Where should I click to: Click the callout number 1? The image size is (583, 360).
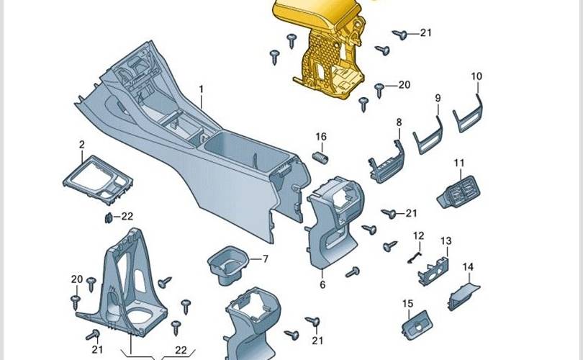pyautogui.click(x=201, y=89)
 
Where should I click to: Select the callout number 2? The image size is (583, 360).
pyautogui.click(x=82, y=144)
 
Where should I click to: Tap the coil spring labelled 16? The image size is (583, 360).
pyautogui.click(x=320, y=158)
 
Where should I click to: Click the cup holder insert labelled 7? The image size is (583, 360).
pyautogui.click(x=228, y=264)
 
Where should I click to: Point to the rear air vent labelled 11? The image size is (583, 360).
pyautogui.click(x=458, y=192)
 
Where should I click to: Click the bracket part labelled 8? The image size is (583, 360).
pyautogui.click(x=386, y=163)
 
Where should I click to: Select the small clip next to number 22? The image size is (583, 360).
pyautogui.click(x=109, y=218)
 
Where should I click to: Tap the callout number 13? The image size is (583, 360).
pyautogui.click(x=446, y=240)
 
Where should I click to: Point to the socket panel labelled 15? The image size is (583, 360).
pyautogui.click(x=417, y=325)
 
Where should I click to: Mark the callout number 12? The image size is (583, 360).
pyautogui.click(x=419, y=235)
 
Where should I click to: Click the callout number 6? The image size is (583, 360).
pyautogui.click(x=322, y=284)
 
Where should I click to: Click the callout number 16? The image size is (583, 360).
pyautogui.click(x=321, y=137)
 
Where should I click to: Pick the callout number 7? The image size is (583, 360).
pyautogui.click(x=265, y=259)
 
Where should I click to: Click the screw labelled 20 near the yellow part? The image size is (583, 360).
pyautogui.click(x=379, y=89)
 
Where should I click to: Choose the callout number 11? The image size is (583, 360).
pyautogui.click(x=459, y=163)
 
